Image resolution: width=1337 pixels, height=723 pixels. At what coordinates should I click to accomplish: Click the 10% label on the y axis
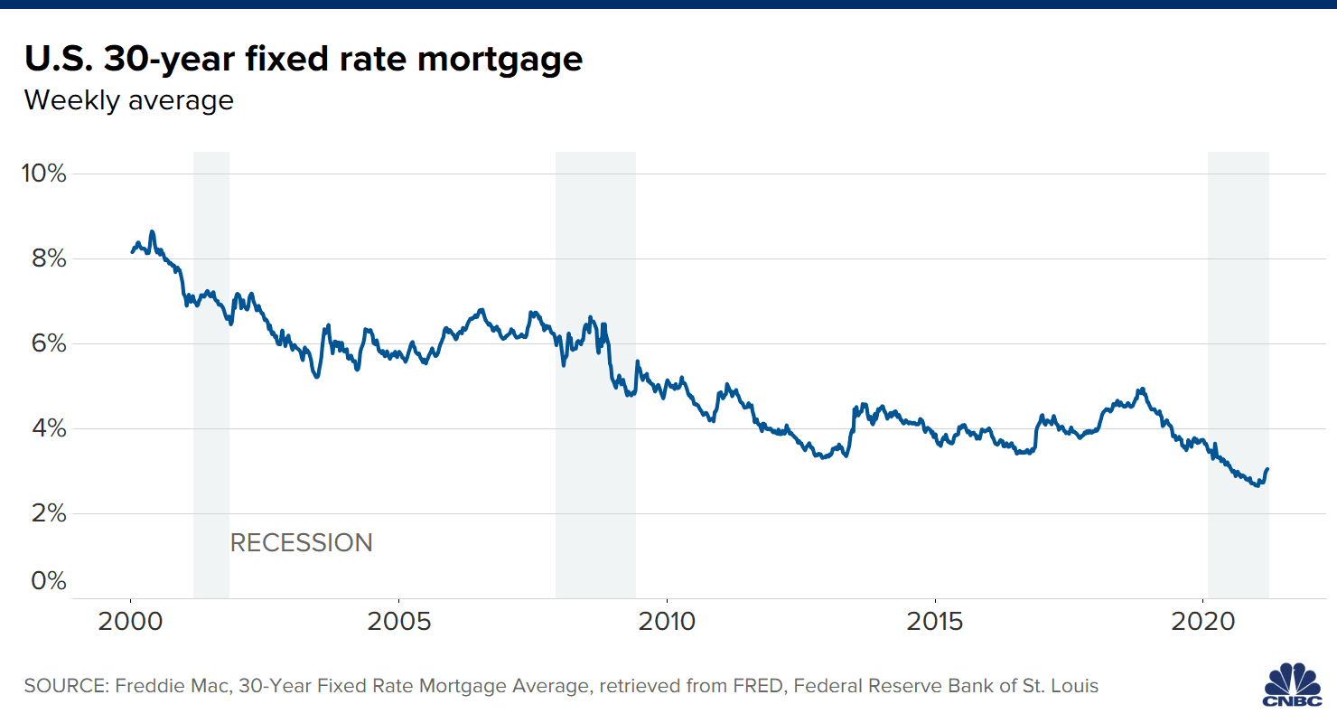tap(43, 174)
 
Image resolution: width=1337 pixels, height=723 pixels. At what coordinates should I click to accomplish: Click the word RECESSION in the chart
tap(301, 543)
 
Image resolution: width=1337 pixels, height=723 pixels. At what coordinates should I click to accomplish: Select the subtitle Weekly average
tap(128, 99)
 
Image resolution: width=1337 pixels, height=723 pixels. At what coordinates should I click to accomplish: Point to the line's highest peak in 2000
tap(152, 231)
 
